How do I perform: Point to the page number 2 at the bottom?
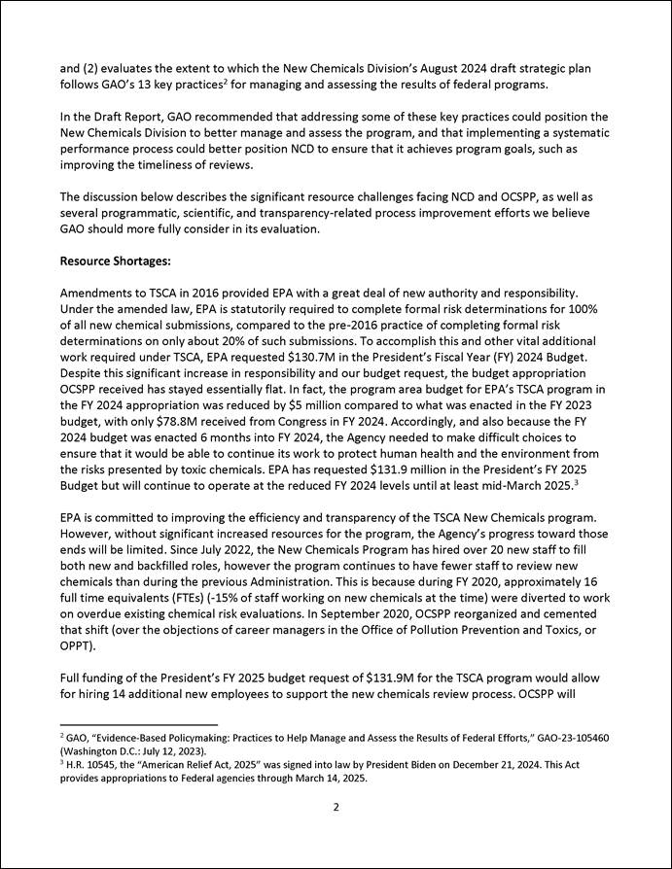pos(336,806)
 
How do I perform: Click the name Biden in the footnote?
pos(415,764)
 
